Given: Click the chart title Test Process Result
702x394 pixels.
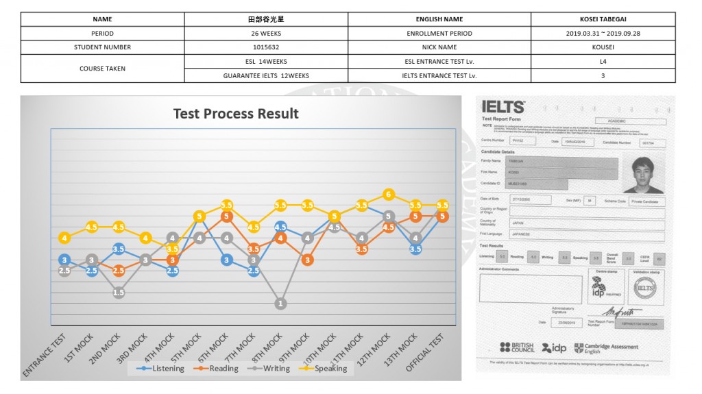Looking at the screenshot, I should click(x=236, y=114).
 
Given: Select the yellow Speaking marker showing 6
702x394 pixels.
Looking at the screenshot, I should click(x=389, y=195).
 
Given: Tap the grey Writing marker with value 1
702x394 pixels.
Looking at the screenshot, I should click(x=280, y=303).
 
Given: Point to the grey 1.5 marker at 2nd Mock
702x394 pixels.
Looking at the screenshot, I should click(x=119, y=293).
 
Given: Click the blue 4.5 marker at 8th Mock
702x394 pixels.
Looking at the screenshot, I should click(x=280, y=227).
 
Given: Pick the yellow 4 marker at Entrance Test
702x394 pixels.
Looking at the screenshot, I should click(x=64, y=238).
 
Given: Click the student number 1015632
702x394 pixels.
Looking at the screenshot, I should click(x=265, y=47).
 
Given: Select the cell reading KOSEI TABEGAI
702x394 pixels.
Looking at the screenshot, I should click(x=603, y=19).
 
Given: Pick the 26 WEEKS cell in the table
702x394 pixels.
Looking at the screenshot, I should click(x=265, y=34).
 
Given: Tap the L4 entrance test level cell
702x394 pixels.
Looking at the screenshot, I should click(x=603, y=61).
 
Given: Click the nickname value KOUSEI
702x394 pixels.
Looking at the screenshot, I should click(x=603, y=47).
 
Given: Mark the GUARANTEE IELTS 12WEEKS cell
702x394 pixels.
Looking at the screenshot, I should click(x=265, y=75).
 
